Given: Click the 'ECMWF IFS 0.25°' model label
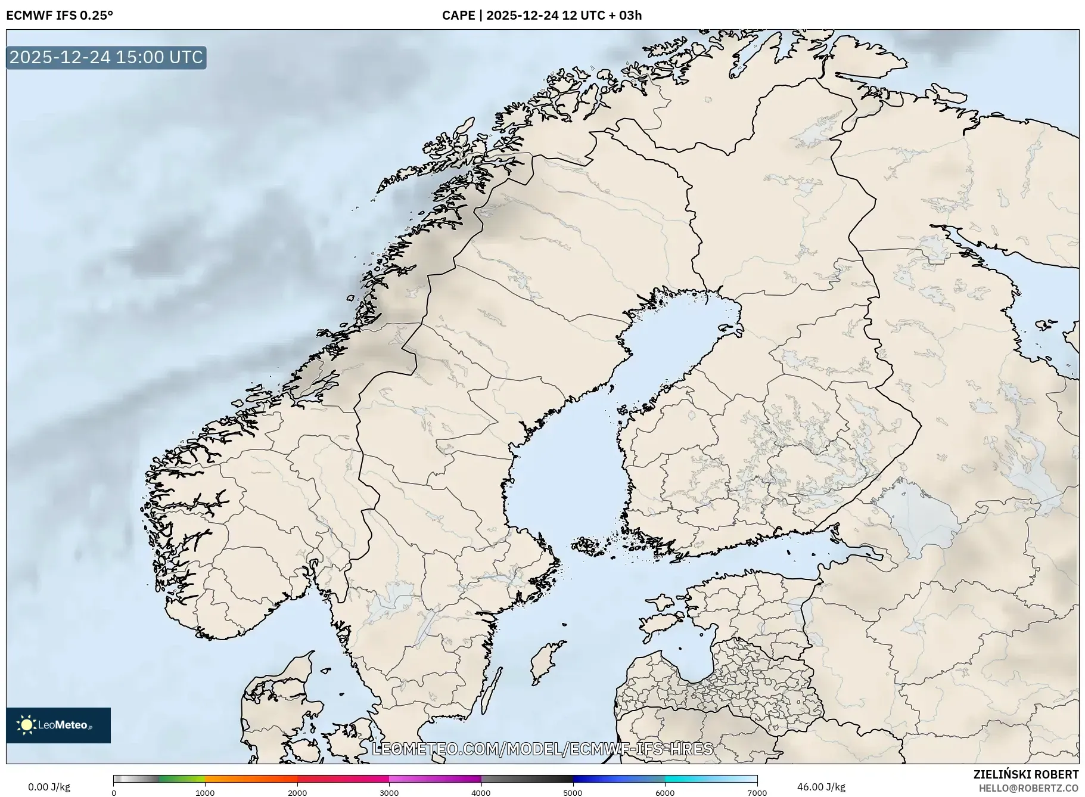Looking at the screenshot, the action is (x=60, y=15).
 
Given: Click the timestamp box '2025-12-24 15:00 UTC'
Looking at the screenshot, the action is (x=107, y=57).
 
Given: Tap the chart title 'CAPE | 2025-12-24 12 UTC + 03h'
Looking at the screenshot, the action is (x=542, y=15).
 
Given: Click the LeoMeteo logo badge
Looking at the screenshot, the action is (x=58, y=725).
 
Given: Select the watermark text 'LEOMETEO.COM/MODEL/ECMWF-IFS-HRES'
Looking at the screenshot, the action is (x=542, y=749).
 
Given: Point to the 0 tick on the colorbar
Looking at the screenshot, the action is (x=114, y=792).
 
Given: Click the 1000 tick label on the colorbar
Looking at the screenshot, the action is (x=205, y=792).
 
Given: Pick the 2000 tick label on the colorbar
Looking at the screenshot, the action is (x=297, y=792).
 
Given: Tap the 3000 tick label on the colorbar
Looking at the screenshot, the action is (x=389, y=792).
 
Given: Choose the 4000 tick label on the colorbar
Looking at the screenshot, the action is (x=481, y=792).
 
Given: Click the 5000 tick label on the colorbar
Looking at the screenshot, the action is (x=573, y=792).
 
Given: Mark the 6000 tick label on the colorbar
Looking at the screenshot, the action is (x=665, y=792).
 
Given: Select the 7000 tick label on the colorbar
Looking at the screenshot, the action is (x=757, y=792).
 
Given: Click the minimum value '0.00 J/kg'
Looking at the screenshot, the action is (x=49, y=787).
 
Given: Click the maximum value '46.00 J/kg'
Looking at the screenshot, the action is (x=821, y=787).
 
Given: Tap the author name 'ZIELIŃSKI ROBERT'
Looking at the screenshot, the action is (x=1025, y=774).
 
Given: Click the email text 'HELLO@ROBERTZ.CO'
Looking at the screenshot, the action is (x=1028, y=788).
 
